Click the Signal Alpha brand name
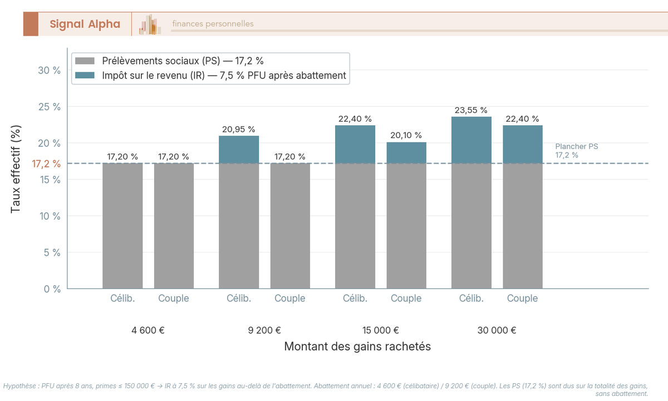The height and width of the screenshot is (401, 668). pos(85,24)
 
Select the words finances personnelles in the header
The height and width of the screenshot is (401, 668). pos(213,24)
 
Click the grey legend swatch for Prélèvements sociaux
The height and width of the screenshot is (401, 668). pos(86,61)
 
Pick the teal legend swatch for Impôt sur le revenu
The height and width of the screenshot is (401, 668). pos(86,76)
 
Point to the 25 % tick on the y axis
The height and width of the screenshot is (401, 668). pos(50,107)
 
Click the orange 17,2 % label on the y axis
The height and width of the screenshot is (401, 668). pos(46,164)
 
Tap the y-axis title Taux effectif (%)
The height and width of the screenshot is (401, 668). pos(16,169)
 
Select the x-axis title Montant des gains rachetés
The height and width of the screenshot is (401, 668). pos(357,346)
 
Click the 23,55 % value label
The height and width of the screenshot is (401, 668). pos(471,110)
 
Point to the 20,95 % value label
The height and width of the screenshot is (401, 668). pos(238,129)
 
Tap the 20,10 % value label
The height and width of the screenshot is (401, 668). pos(406,136)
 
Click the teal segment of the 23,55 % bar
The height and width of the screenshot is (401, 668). pos(471,140)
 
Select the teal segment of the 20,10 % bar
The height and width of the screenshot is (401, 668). pos(406,152)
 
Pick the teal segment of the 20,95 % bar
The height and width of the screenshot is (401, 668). pos(238,149)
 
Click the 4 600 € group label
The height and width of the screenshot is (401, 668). pos(148,330)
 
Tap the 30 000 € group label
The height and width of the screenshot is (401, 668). pos(497,330)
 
